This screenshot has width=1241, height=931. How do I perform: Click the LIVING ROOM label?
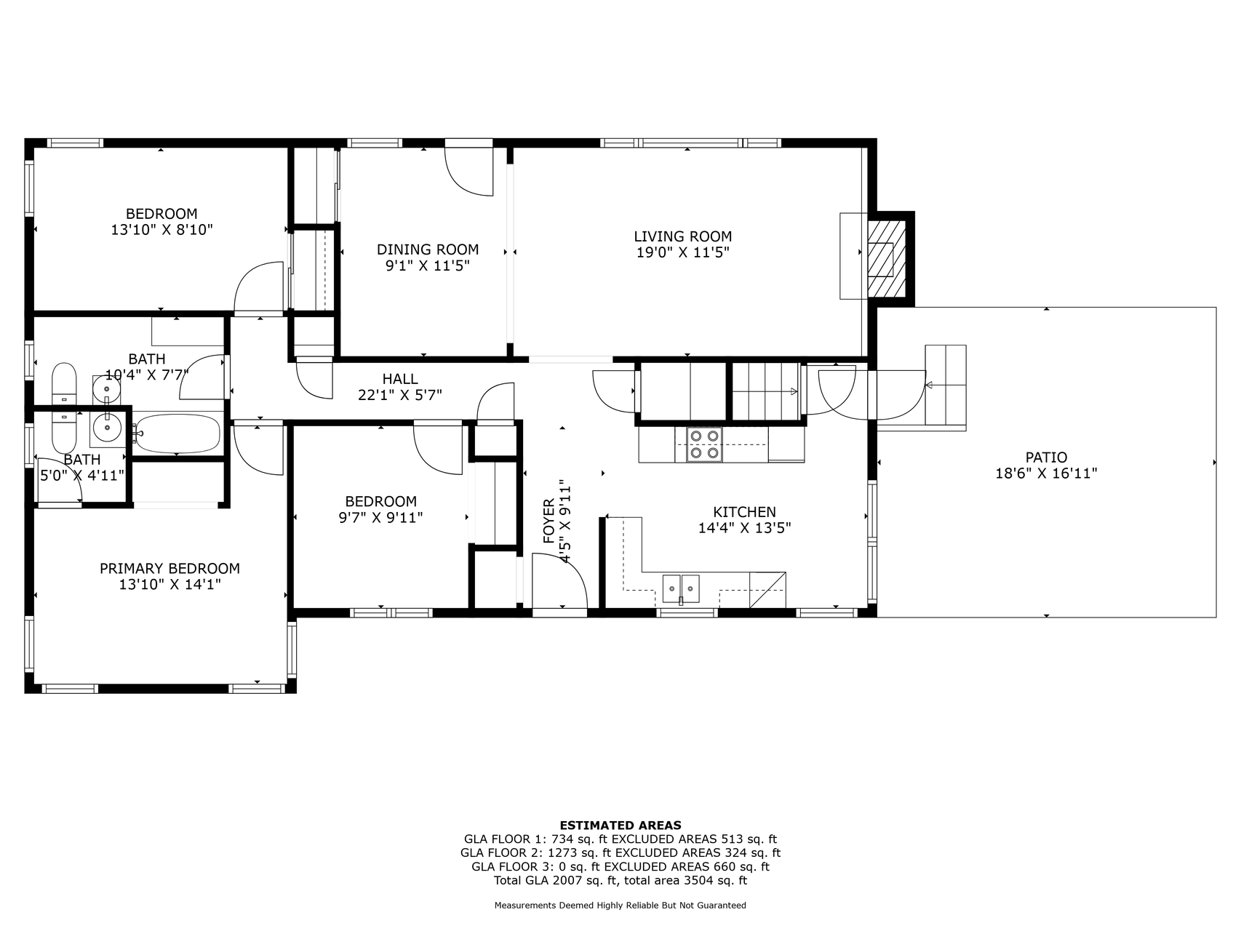coord(682,236)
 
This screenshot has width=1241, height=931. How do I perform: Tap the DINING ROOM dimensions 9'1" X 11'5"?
coord(428,266)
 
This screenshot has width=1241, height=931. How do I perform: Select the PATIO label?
coord(1046,457)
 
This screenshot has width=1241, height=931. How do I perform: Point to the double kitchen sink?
coord(681,588)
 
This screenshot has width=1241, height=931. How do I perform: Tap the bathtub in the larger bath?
coord(176,433)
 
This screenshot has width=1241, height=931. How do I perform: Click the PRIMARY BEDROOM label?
coord(169,569)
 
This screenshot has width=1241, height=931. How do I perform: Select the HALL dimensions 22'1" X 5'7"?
coord(400,395)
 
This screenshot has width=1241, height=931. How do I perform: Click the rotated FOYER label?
coord(549,521)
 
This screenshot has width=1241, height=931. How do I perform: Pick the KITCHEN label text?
coord(744,512)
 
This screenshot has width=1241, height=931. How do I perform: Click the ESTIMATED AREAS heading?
coord(620,826)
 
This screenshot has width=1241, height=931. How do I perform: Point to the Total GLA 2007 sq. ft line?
coord(620,881)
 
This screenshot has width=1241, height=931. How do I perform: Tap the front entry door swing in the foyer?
coord(560,580)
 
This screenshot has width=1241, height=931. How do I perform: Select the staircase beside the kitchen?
coord(765,391)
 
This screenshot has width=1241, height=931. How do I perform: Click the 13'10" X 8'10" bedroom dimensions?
coord(161,230)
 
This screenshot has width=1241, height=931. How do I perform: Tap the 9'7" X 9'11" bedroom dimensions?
coord(380,518)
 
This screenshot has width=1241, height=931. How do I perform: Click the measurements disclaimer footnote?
coord(620,906)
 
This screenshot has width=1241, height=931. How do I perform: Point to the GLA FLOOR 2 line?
coord(620,853)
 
